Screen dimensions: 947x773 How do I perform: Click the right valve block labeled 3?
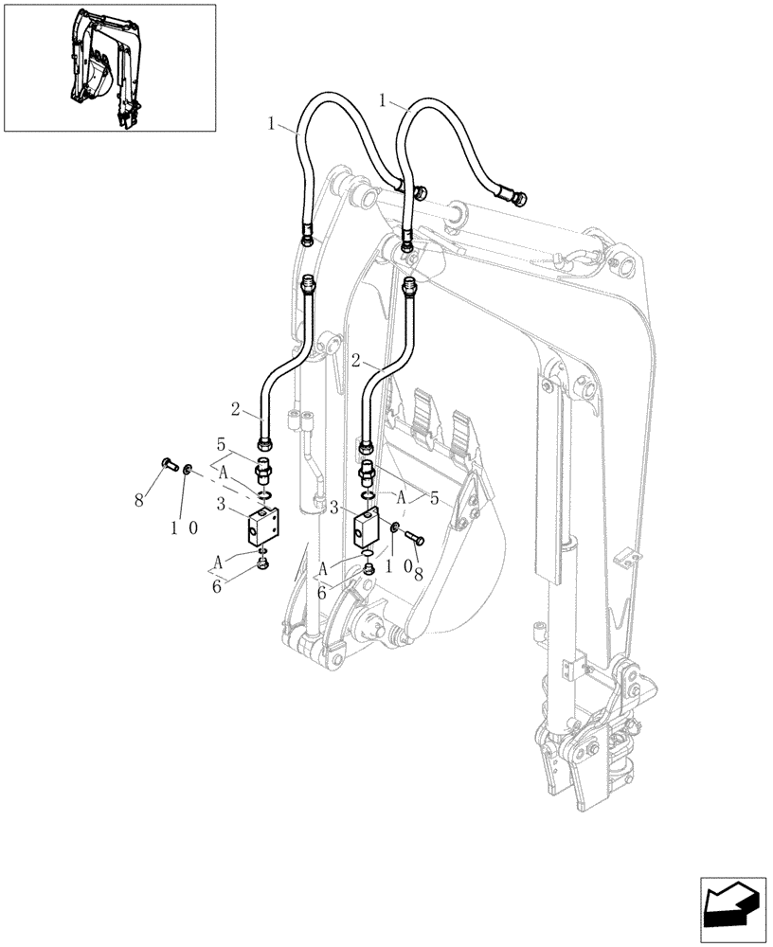[368, 531]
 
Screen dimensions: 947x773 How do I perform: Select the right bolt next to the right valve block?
[414, 538]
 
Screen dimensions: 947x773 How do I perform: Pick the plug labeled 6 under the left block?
[263, 566]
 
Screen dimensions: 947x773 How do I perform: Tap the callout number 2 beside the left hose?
[233, 411]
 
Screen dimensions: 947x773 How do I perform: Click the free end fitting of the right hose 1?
[518, 198]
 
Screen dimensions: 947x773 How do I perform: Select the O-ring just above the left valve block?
[265, 494]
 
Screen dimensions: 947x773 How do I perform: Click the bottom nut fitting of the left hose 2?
[265, 439]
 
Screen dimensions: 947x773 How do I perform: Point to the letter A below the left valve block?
[219, 562]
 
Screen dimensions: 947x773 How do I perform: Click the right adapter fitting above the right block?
[367, 471]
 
